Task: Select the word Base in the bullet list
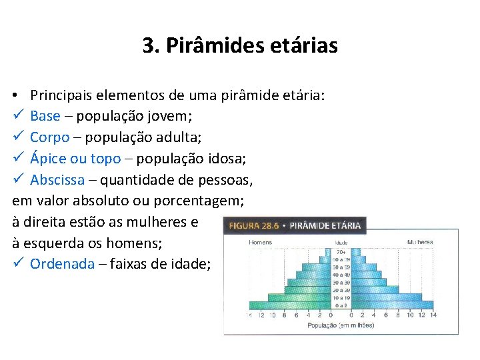tap(45, 116)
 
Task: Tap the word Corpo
tap(50, 137)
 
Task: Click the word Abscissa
tap(57, 180)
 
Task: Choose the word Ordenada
tap(63, 264)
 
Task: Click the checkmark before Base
tap(18, 116)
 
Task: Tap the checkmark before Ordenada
tap(18, 264)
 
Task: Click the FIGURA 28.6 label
tap(253, 225)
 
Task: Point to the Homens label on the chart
tap(261, 242)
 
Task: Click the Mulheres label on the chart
tap(420, 242)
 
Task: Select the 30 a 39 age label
tap(341, 283)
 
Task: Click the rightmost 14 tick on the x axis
tap(433, 315)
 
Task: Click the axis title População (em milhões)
tap(341, 325)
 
